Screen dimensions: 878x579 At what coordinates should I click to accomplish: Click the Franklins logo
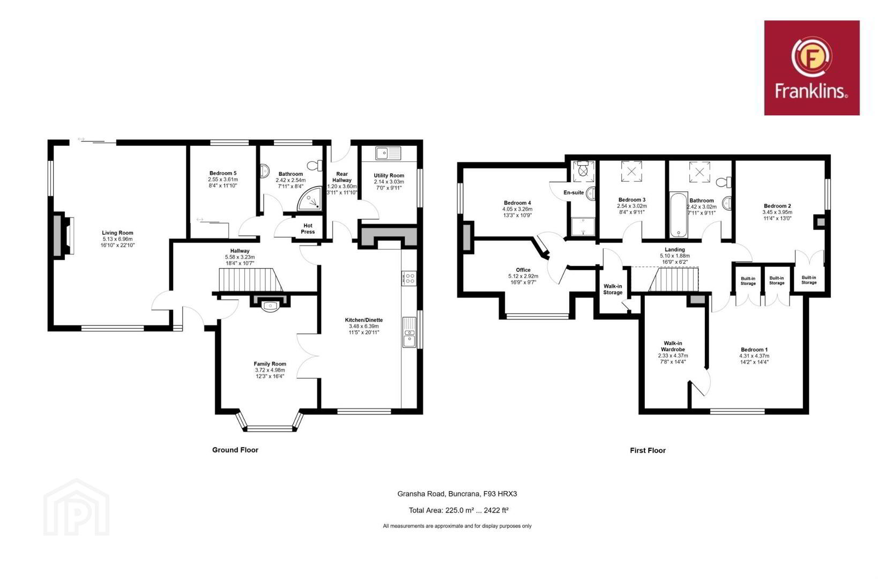(x=812, y=68)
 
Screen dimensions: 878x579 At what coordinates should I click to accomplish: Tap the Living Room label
(x=117, y=233)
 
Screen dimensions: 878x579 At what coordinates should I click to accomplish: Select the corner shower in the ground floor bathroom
(x=310, y=199)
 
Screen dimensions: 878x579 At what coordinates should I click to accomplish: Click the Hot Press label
(x=308, y=228)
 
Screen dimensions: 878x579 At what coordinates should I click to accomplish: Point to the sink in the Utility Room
(x=388, y=153)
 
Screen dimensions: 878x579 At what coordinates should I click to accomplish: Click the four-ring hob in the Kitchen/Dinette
(x=409, y=279)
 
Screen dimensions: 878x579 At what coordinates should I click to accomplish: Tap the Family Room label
(x=270, y=364)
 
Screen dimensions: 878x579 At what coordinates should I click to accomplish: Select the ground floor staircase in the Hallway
(x=250, y=279)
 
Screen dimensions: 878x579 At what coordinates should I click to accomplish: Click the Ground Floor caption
(x=235, y=450)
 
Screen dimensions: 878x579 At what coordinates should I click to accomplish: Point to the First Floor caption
(x=648, y=451)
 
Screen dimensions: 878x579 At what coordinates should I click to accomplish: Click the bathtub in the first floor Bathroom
(x=679, y=215)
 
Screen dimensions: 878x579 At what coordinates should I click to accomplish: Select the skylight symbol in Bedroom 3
(x=631, y=172)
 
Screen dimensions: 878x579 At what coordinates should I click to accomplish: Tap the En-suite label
(x=574, y=192)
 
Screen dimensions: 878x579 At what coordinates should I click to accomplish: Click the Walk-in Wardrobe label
(x=673, y=346)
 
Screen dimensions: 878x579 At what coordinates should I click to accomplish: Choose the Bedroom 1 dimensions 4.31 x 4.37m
(x=754, y=356)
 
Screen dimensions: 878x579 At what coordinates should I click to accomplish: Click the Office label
(x=523, y=270)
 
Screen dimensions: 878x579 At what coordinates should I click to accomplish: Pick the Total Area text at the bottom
(x=458, y=510)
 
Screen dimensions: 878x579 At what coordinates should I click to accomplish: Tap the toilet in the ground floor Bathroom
(x=315, y=165)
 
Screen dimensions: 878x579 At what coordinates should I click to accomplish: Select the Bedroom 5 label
(x=222, y=173)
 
